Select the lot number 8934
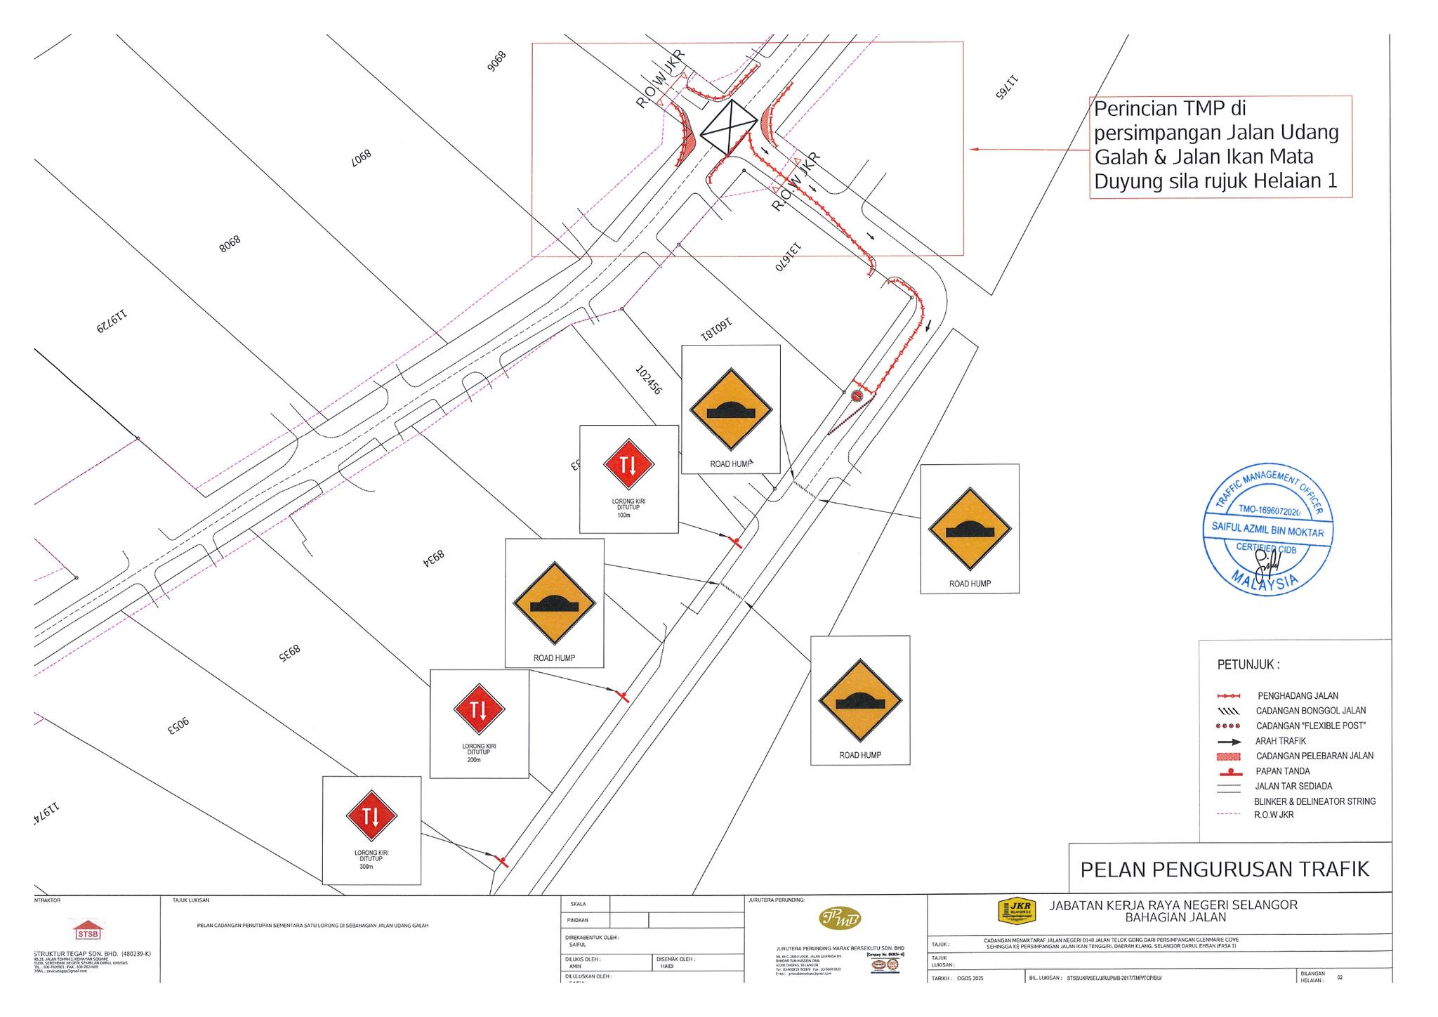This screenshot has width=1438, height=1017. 434,558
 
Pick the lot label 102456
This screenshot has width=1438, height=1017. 647,379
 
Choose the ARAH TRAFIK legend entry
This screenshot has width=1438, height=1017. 1281,741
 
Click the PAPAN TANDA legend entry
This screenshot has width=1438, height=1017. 1282,771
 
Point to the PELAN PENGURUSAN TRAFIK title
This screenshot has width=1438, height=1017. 1225,870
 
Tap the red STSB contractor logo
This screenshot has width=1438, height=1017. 88,931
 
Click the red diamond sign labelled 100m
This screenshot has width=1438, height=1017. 628,464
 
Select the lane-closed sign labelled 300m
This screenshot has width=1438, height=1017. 371,816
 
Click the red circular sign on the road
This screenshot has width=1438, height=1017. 857,396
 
